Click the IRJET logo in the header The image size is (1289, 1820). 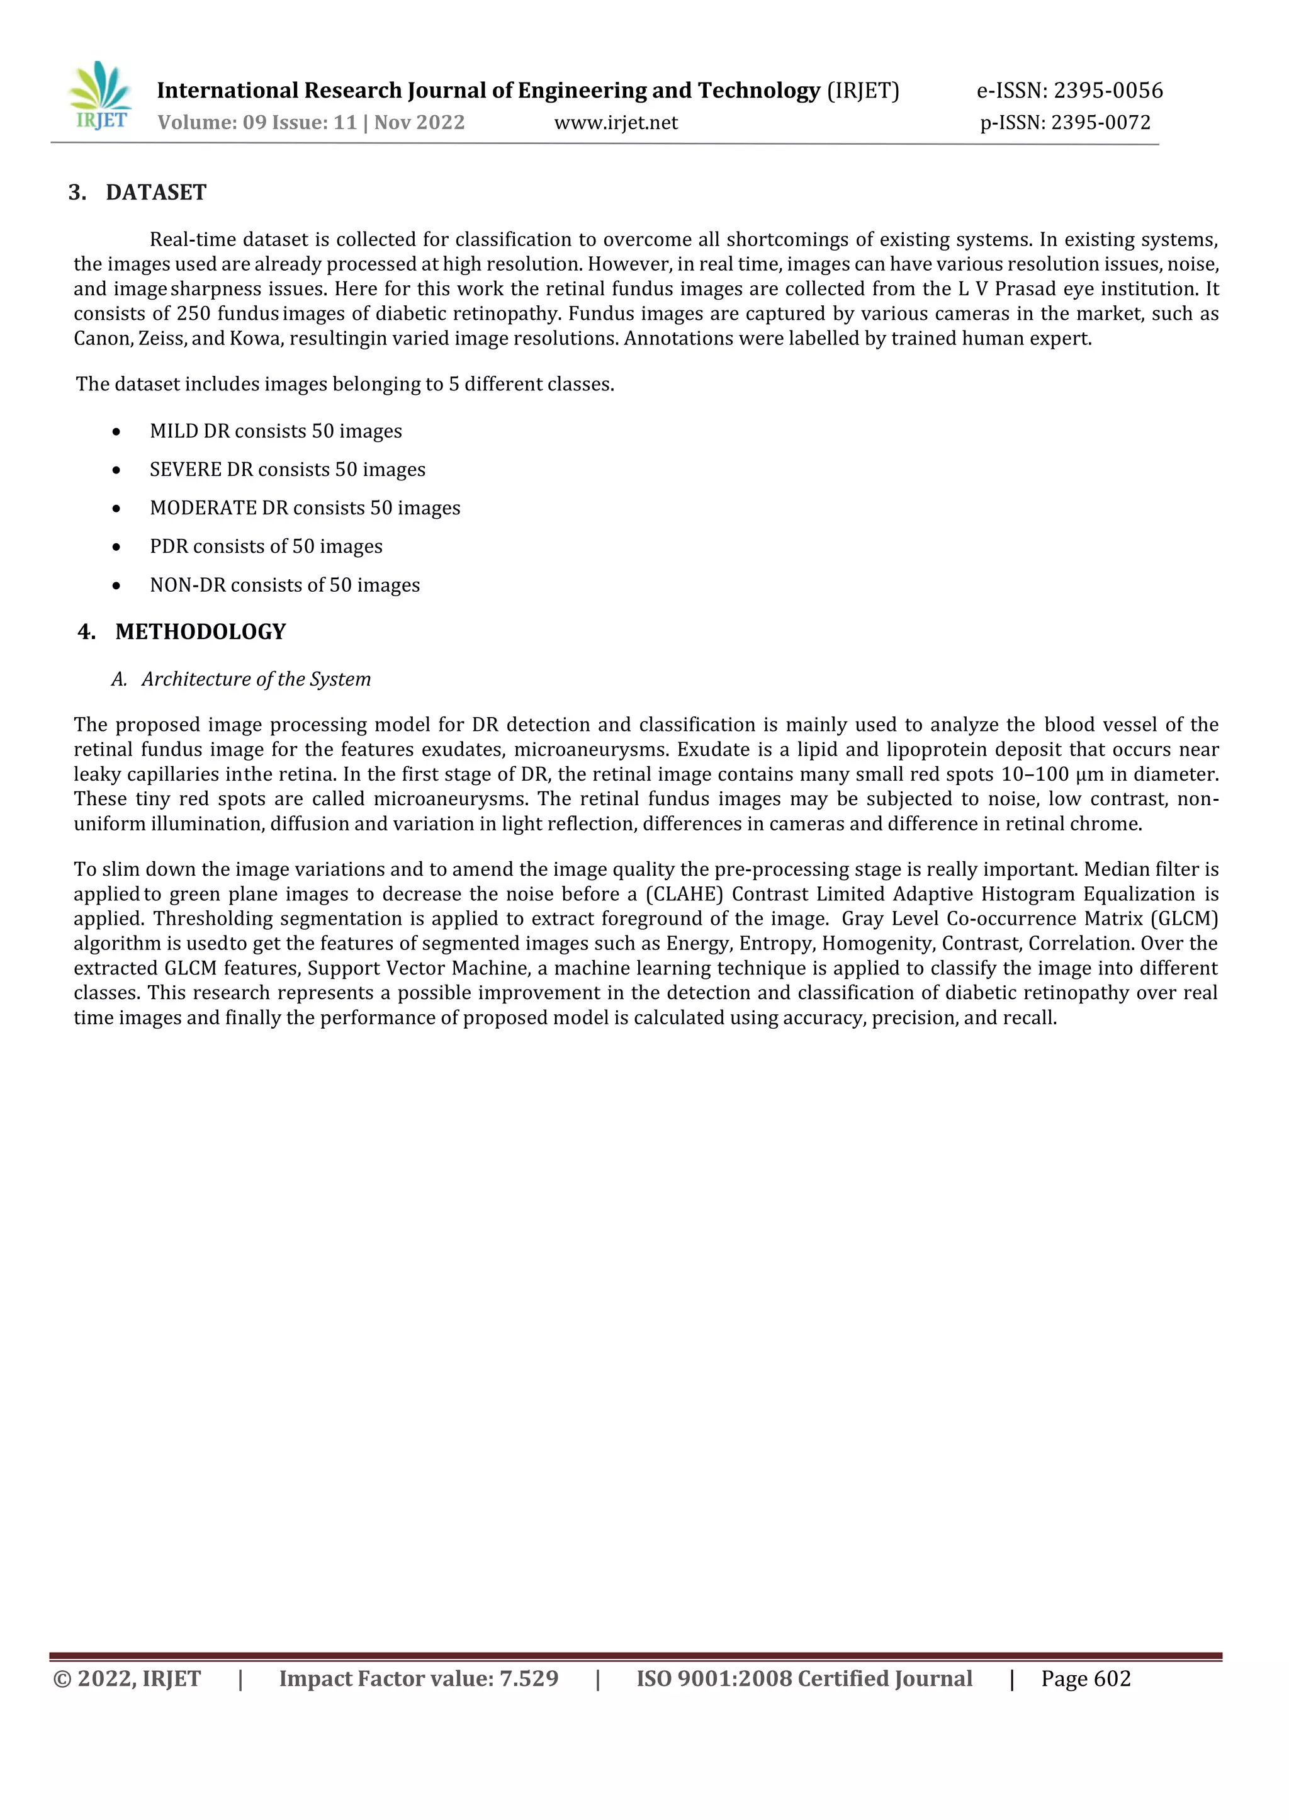tap(100, 96)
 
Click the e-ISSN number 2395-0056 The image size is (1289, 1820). tap(1108, 91)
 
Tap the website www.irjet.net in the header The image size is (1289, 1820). tap(616, 122)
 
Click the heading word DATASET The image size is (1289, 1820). tap(155, 193)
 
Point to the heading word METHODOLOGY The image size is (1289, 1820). tap(200, 632)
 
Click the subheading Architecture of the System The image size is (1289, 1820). tap(256, 679)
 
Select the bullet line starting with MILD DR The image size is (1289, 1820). tap(276, 431)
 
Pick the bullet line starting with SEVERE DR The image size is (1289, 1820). tap(288, 470)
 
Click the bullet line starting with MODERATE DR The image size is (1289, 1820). tap(305, 508)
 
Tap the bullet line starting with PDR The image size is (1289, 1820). tap(266, 547)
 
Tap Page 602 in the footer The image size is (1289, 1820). tap(1085, 1679)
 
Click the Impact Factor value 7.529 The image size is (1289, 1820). tap(529, 1679)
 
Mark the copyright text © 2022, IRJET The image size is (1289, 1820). tap(127, 1679)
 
